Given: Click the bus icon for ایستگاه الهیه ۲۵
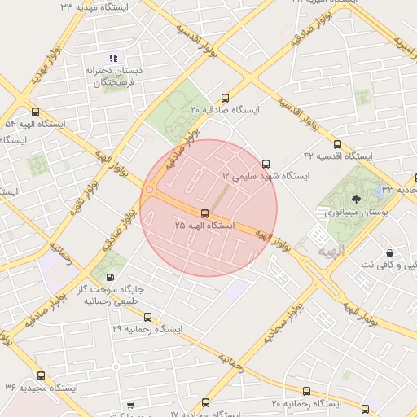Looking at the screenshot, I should [x=204, y=213].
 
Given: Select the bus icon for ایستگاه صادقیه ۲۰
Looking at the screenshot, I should [x=225, y=98].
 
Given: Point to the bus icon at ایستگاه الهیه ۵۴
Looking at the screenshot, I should [x=34, y=112].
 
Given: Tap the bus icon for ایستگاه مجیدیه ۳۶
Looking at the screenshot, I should [x=41, y=376].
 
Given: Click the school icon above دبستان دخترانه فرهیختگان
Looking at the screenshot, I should [x=114, y=58].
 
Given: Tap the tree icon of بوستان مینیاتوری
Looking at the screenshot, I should [x=356, y=199].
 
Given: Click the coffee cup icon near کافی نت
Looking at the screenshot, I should [x=389, y=252].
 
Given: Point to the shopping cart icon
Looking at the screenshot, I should [x=130, y=405].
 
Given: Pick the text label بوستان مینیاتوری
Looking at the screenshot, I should [x=355, y=212].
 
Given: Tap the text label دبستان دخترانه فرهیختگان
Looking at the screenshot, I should [x=115, y=77].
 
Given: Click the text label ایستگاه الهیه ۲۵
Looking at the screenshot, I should [x=204, y=225].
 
